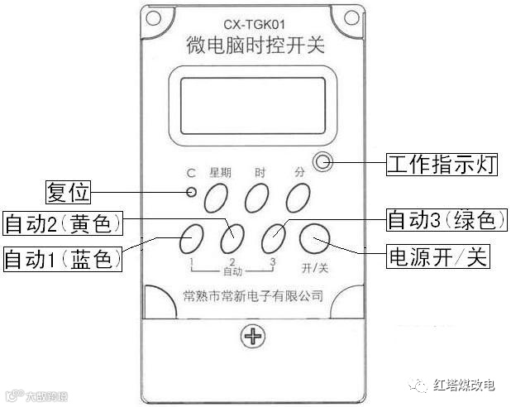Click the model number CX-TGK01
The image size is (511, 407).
[253, 26]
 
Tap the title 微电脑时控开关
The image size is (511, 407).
[253, 46]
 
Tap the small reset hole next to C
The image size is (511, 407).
[192, 193]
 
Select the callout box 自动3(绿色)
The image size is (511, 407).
[445, 221]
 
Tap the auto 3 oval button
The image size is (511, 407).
[273, 238]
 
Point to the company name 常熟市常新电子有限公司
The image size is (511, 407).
[252, 295]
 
